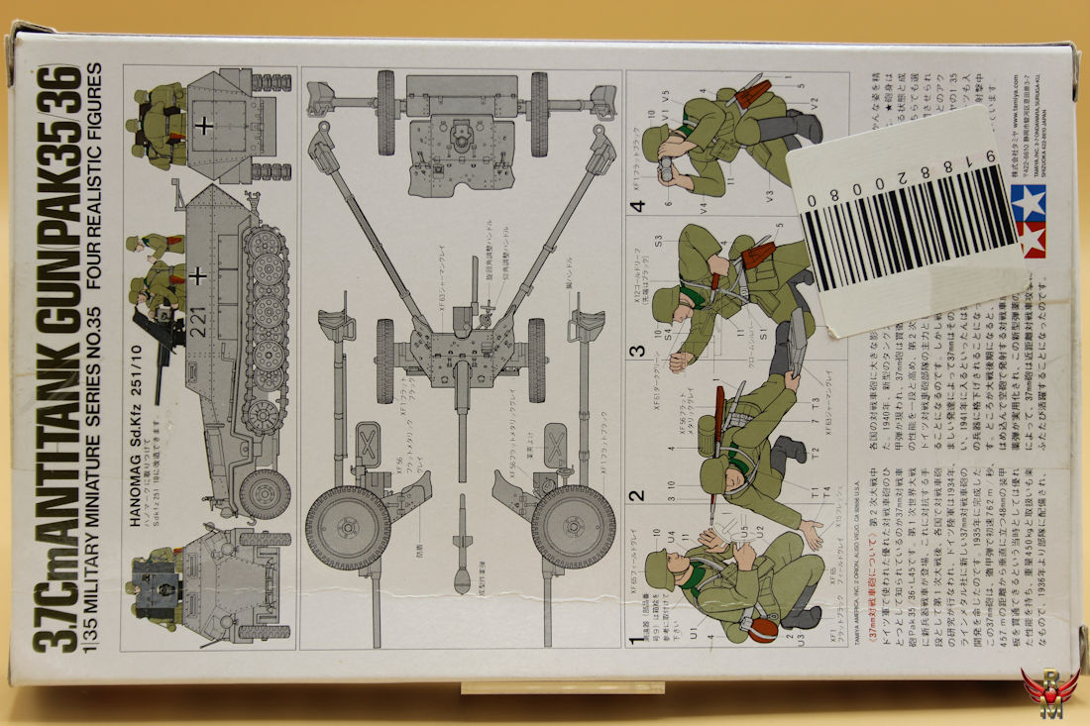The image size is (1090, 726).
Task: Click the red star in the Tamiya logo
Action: (x=1033, y=239)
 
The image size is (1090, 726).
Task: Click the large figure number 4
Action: (x=637, y=206)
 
